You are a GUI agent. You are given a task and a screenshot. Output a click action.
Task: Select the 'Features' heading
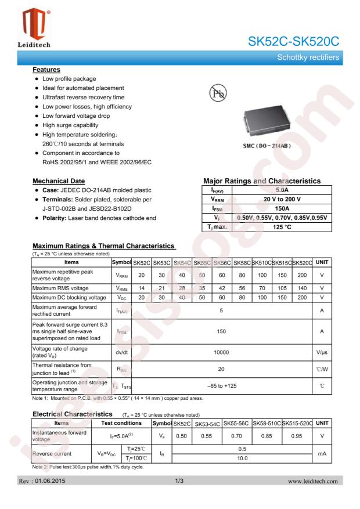(x=47, y=68)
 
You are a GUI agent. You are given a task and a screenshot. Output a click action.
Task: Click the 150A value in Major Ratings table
(x=281, y=208)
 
